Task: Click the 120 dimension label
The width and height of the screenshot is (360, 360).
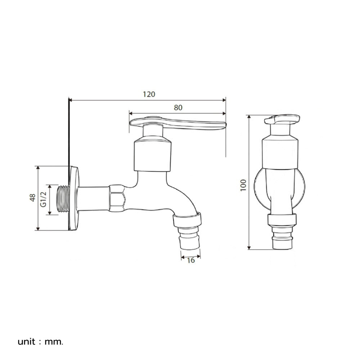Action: tap(149, 94)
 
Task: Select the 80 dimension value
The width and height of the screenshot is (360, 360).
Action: tap(178, 107)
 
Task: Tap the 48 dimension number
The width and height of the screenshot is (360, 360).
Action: tap(33, 198)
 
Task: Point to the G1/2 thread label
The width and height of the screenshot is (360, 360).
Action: tap(44, 199)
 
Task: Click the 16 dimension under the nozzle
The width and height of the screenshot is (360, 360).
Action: tap(190, 260)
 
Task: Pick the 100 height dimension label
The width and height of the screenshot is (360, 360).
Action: tap(243, 185)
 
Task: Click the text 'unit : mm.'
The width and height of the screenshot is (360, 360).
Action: tap(40, 342)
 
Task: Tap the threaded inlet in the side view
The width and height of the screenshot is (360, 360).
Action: tap(63, 199)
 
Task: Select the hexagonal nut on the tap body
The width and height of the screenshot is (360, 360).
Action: tap(117, 198)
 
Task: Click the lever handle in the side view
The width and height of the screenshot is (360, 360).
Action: tap(178, 123)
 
